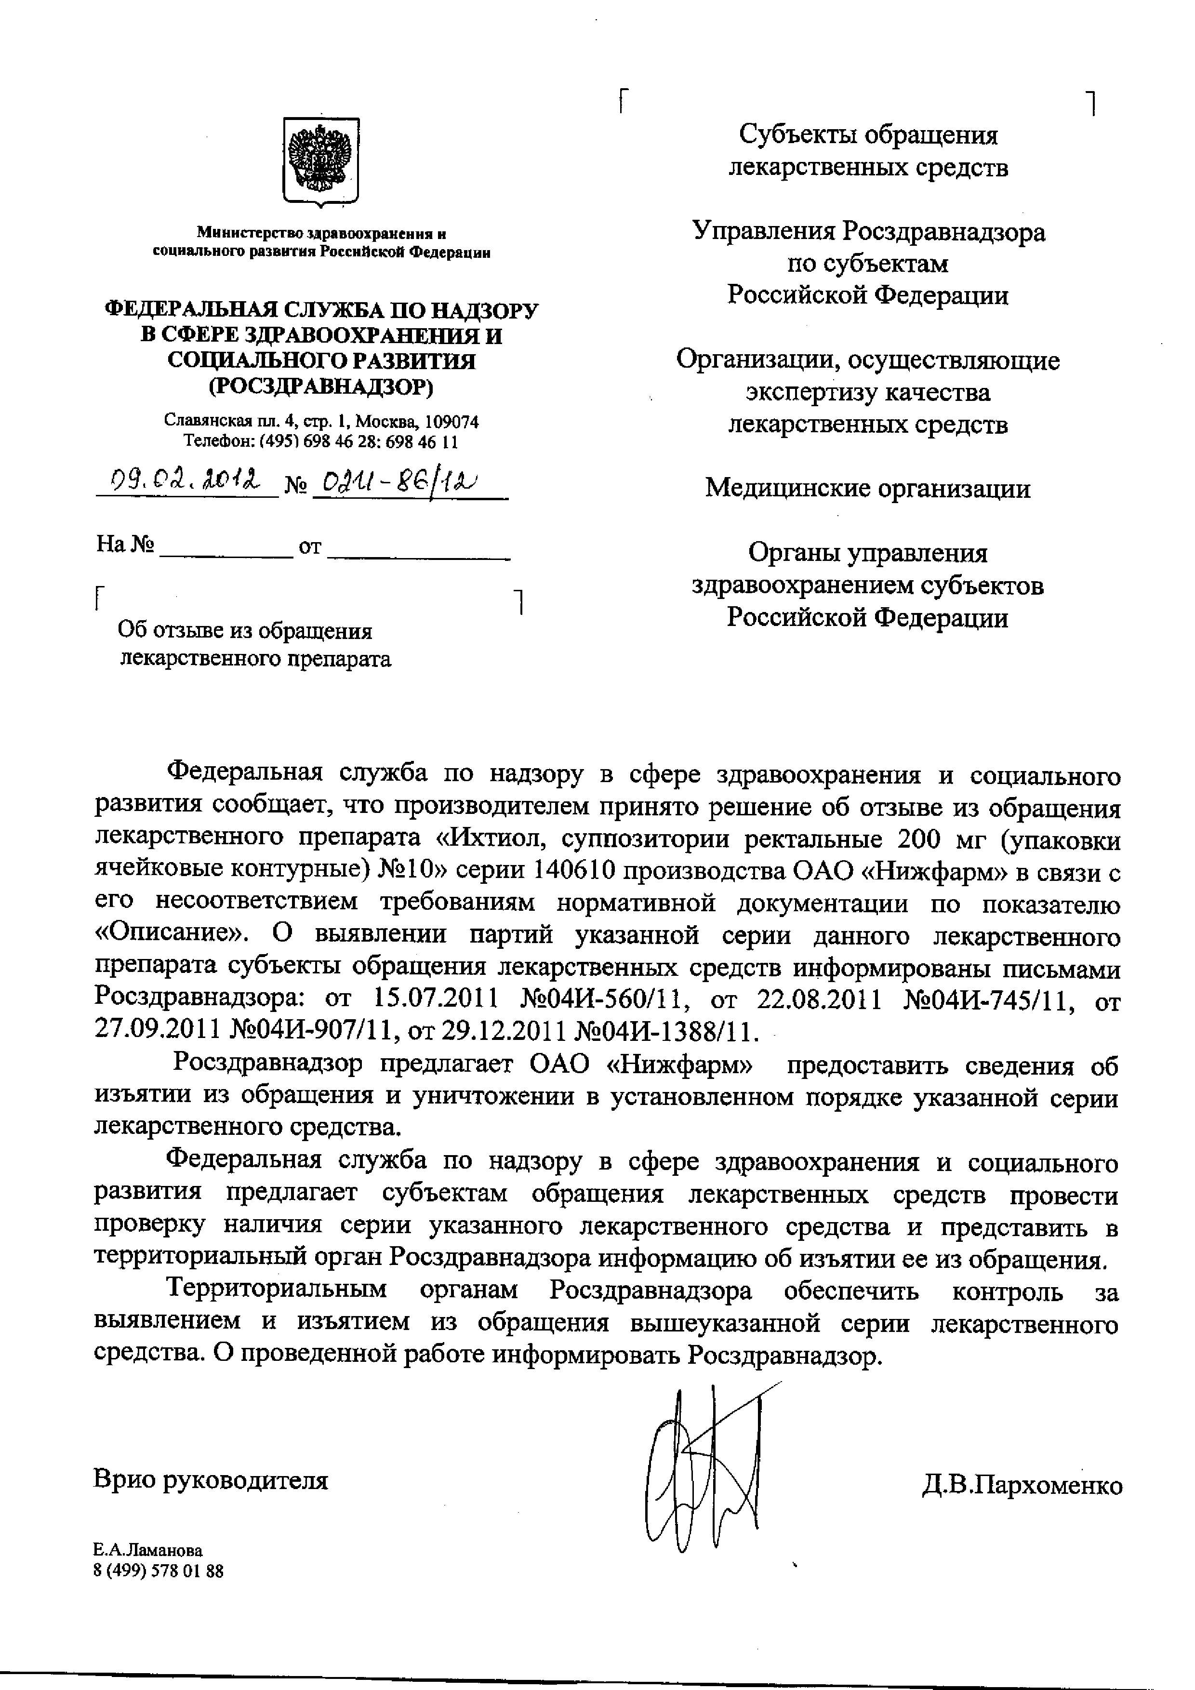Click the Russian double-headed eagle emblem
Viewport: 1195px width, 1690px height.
pos(321,160)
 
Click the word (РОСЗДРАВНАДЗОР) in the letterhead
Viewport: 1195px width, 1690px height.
pos(321,386)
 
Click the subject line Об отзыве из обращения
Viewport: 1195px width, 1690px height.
pos(246,631)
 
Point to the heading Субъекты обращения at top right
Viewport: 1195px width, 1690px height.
pos(868,135)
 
